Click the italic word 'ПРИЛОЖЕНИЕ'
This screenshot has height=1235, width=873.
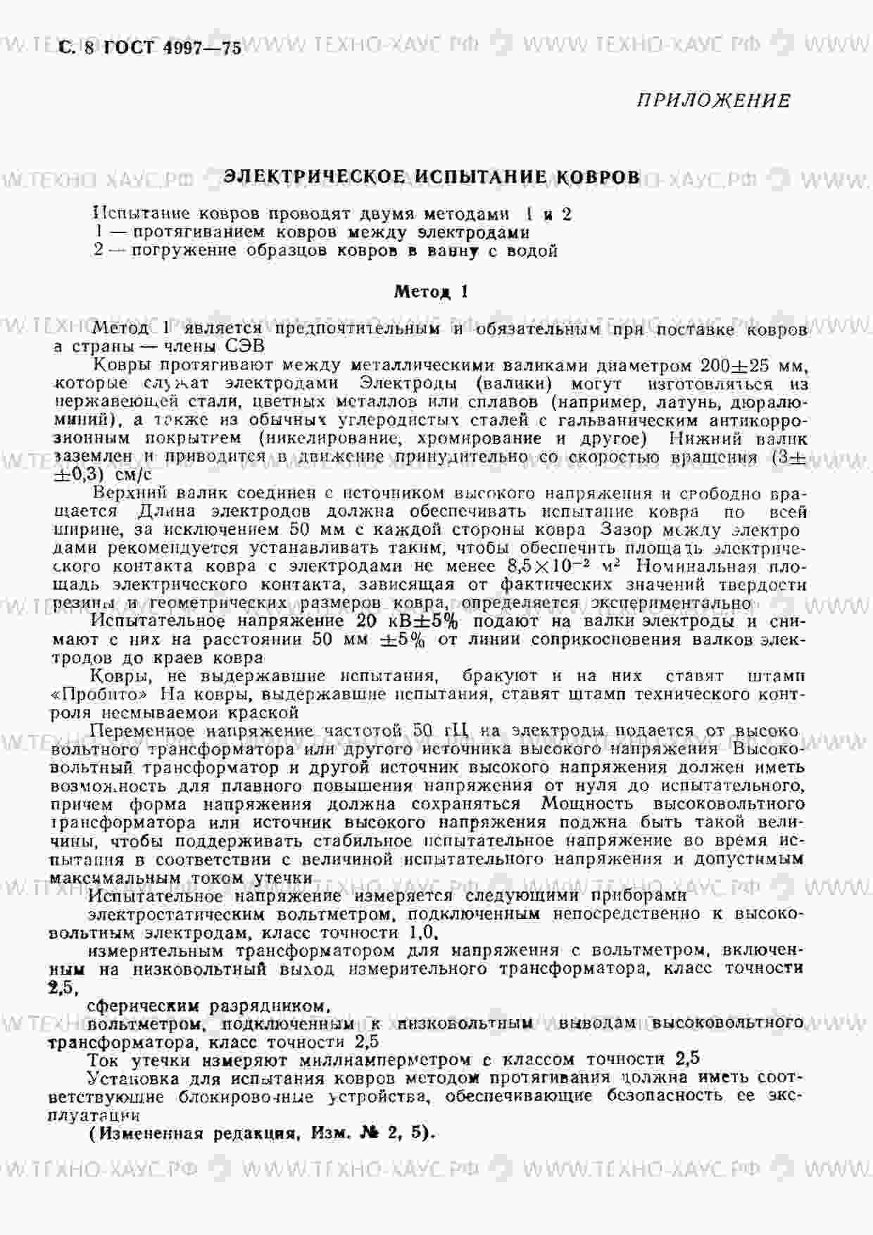(x=713, y=101)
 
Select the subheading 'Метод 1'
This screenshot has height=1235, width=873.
(x=431, y=291)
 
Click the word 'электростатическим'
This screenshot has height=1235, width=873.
(x=176, y=914)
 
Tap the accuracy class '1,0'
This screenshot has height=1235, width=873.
(x=422, y=933)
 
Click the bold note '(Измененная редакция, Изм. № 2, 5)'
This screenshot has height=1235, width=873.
(x=263, y=1134)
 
